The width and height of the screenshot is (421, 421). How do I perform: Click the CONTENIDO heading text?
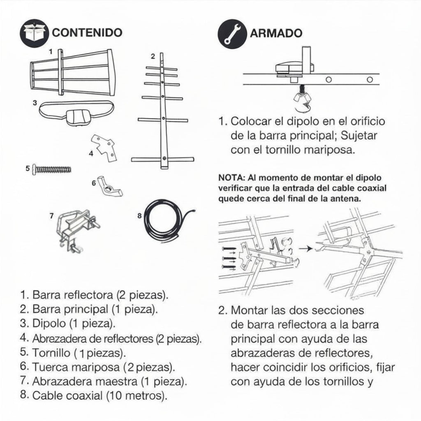click(x=87, y=33)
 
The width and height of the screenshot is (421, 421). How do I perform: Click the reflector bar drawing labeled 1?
click(x=71, y=72)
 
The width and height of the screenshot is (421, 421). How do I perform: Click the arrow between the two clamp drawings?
click(x=305, y=248)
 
